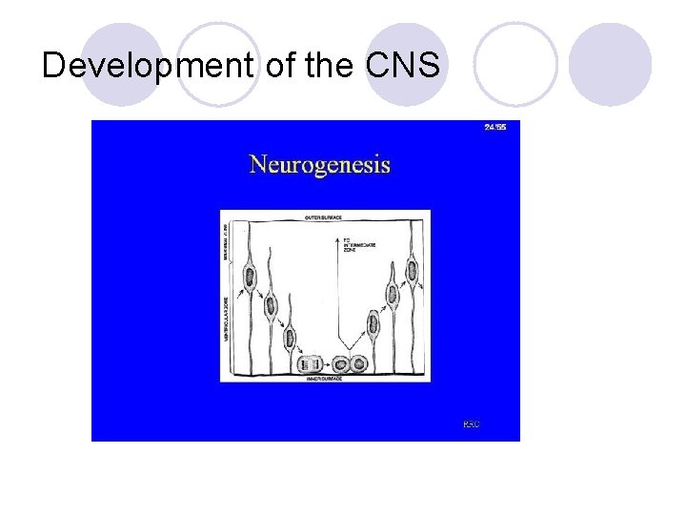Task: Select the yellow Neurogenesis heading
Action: click(x=319, y=164)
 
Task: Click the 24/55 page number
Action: click(x=494, y=127)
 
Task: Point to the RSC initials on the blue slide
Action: click(x=471, y=422)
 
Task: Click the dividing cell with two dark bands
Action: click(x=309, y=363)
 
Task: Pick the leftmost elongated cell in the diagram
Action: click(x=251, y=278)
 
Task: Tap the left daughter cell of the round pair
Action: click(x=339, y=362)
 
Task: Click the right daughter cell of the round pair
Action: click(x=359, y=362)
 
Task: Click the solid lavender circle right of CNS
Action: click(x=610, y=64)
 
